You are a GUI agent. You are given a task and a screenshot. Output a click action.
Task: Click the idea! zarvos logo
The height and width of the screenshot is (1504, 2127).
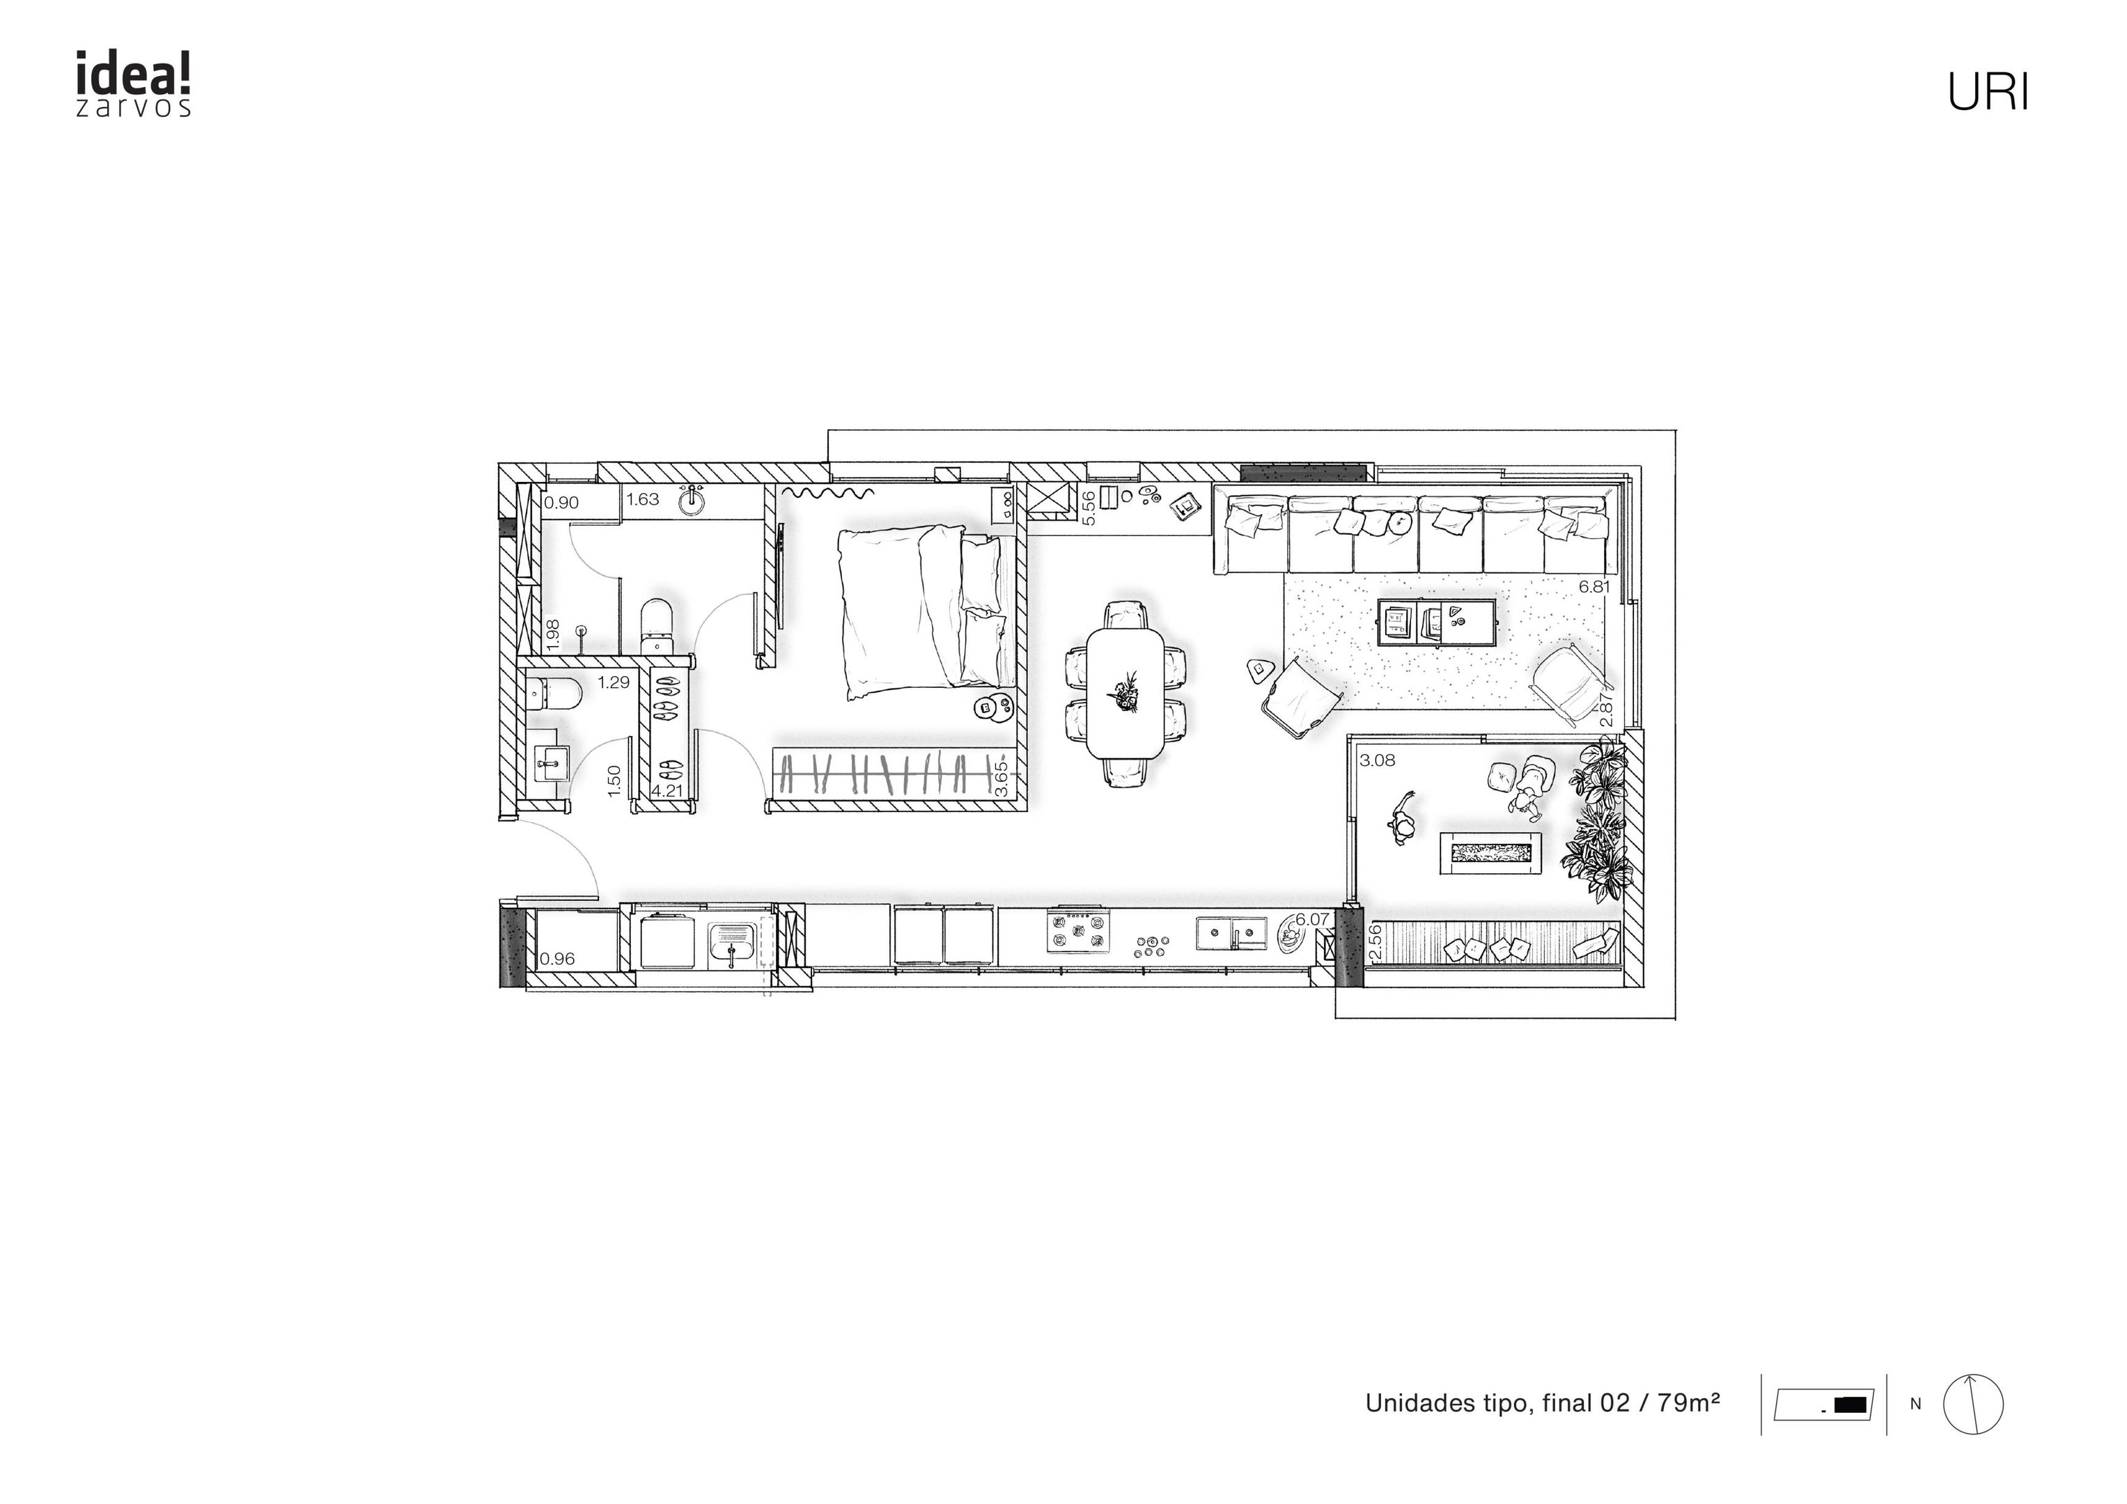click(134, 84)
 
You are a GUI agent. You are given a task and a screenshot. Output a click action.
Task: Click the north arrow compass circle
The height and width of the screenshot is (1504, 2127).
click(1973, 1405)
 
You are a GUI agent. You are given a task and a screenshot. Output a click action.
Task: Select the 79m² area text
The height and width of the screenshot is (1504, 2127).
click(1689, 1402)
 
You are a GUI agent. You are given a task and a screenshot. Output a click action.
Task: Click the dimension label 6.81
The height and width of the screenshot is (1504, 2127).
click(1594, 586)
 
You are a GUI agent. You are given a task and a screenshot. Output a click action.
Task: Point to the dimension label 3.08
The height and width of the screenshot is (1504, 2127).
click(1377, 760)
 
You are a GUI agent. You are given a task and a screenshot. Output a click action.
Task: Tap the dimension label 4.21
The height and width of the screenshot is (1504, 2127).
click(667, 790)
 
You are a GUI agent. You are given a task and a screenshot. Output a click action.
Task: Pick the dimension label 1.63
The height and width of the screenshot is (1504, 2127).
click(643, 499)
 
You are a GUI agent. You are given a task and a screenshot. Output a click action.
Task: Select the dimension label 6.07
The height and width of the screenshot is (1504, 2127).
click(1313, 920)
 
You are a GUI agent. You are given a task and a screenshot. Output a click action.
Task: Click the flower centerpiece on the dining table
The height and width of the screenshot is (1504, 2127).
click(1125, 692)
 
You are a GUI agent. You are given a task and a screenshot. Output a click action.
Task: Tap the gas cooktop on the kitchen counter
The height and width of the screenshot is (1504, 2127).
click(1078, 931)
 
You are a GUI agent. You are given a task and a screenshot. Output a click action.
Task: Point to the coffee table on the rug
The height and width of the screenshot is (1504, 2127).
click(1437, 621)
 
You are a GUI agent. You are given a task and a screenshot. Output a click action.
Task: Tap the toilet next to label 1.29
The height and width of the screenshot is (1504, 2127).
click(552, 693)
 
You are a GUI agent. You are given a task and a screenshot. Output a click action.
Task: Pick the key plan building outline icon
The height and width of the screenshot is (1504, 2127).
click(1824, 1404)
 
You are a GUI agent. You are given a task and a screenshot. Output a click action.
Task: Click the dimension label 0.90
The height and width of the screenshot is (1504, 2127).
click(561, 503)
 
